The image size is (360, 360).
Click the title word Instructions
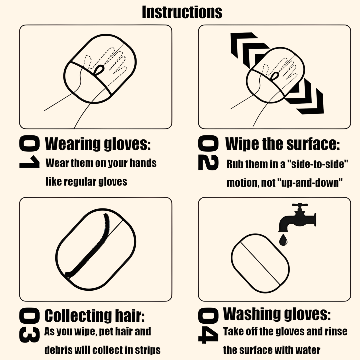[182, 12]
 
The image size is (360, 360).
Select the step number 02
[208, 154]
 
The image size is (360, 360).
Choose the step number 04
[208, 326]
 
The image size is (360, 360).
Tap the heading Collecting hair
[95, 316]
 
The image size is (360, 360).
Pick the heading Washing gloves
[277, 314]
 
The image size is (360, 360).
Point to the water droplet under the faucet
[284, 240]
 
